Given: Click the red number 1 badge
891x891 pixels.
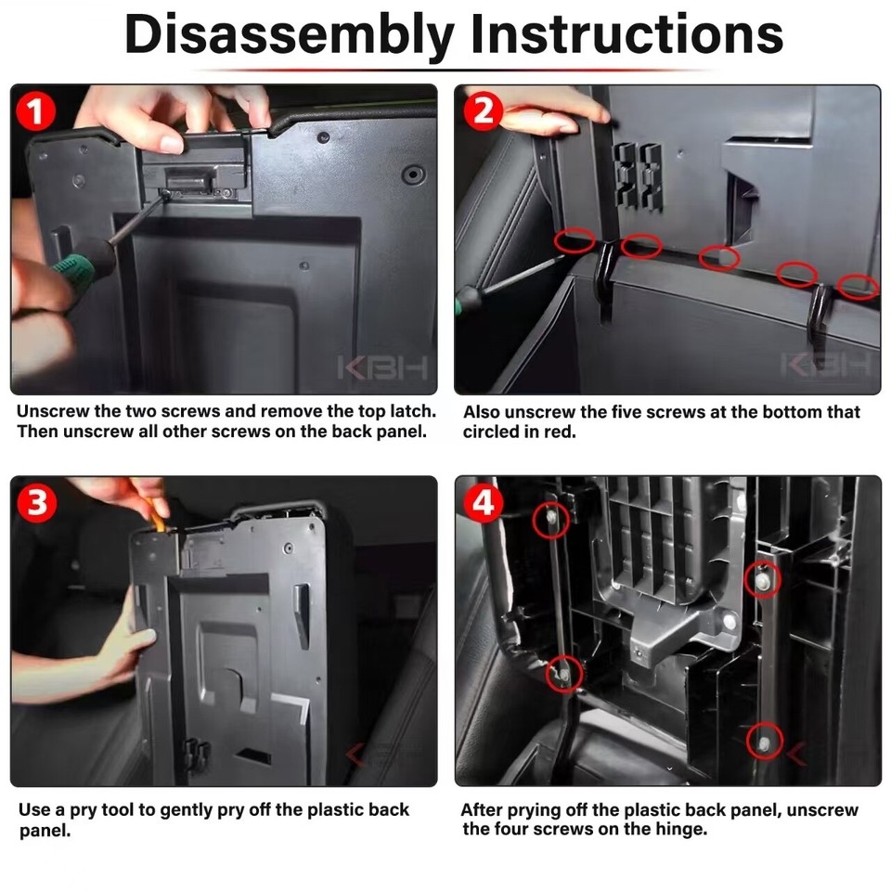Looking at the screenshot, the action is click(36, 110).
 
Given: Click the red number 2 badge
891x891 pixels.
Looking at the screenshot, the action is click(483, 110).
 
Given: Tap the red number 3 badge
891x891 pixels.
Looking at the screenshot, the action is click(37, 503).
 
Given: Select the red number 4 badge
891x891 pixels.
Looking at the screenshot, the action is click(483, 503).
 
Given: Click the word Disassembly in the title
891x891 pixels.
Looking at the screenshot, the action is click(289, 35).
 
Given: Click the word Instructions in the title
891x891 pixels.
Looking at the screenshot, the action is click(626, 34).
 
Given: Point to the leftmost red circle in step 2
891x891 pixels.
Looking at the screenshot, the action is click(575, 240).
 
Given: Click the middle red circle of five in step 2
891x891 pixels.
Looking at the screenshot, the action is click(718, 258).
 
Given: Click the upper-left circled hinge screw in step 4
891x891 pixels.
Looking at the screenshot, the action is click(550, 520).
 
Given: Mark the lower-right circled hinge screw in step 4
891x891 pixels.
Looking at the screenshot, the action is click(764, 741).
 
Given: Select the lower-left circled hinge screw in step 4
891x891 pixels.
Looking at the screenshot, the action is click(564, 674).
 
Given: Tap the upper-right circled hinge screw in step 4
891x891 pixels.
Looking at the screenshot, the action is click(763, 579).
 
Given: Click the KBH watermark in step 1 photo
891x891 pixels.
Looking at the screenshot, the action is click(381, 368).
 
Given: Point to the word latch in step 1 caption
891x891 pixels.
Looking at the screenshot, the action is click(412, 411).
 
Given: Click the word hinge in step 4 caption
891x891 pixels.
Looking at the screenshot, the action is click(680, 829).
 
